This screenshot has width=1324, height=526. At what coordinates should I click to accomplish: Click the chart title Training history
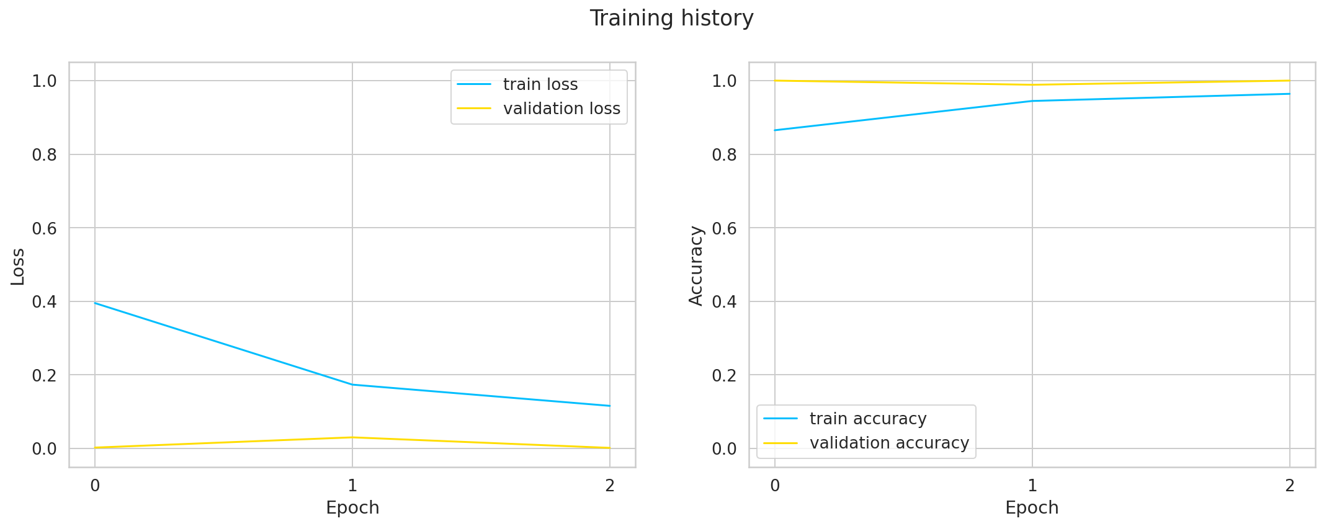coord(671,19)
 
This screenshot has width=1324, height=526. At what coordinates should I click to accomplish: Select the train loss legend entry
coord(540,84)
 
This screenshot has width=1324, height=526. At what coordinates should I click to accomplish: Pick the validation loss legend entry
coord(561,109)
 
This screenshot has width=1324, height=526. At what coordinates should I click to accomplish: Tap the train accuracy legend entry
coord(867,419)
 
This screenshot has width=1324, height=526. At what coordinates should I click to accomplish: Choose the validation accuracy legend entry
coord(888,443)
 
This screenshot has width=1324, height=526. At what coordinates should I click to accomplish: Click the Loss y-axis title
coord(18,267)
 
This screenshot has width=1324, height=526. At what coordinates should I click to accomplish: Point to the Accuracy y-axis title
coord(696,265)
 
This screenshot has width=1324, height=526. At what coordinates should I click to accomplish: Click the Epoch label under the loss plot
coord(352,507)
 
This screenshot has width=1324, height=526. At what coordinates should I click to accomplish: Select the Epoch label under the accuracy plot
coord(1032,507)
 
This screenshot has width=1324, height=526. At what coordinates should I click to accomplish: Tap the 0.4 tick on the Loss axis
coord(44,302)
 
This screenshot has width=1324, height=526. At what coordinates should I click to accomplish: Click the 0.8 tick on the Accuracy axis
coord(724,154)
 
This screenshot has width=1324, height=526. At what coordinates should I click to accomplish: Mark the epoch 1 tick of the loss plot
coord(352,486)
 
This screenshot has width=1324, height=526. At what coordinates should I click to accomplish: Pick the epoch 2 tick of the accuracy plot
coord(1290,486)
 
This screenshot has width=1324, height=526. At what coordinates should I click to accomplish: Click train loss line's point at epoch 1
coord(352,385)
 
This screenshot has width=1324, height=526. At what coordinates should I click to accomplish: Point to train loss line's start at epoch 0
coord(95,303)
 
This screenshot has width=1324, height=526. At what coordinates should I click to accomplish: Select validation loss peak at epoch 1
coord(352,437)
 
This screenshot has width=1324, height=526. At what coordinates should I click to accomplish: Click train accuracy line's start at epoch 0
coord(775,130)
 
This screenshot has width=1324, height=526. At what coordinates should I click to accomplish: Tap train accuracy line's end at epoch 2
coord(1290,94)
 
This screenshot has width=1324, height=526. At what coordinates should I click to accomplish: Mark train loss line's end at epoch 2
coord(610,406)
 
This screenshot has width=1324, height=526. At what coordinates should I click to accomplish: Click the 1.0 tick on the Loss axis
coord(44,81)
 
